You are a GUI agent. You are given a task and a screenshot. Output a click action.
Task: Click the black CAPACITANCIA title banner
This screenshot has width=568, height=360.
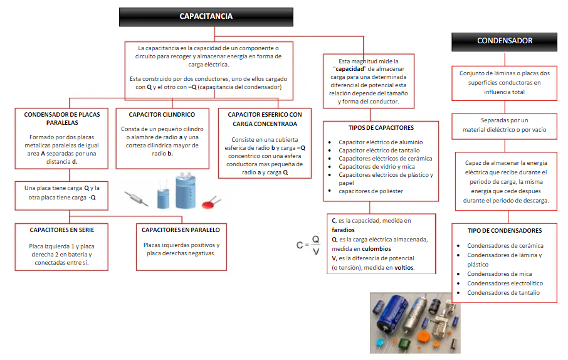point(206,16)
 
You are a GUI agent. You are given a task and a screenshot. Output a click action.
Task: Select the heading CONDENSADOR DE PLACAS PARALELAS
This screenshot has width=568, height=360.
point(61,119)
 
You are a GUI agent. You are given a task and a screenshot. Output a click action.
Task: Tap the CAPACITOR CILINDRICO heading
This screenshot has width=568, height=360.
point(162,115)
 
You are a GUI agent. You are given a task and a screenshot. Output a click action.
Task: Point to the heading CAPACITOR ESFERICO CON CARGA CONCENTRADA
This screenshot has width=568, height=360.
point(265,119)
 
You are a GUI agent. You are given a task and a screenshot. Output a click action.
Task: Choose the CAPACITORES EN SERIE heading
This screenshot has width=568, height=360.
point(61,230)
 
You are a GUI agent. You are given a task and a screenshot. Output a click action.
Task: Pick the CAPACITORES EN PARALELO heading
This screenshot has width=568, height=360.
point(181,230)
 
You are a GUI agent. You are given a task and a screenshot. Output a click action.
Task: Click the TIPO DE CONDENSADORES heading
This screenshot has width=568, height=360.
point(504,230)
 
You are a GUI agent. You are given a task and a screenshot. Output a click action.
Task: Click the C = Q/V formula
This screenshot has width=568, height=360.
point(308,245)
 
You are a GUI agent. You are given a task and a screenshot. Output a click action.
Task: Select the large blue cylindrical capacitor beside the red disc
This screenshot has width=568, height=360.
point(186,191)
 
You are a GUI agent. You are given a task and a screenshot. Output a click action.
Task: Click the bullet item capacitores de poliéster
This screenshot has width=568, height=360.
point(371,191)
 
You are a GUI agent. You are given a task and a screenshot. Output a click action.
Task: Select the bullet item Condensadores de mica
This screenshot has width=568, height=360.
point(499,274)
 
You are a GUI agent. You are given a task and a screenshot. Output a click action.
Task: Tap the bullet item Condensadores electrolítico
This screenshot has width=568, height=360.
point(505,283)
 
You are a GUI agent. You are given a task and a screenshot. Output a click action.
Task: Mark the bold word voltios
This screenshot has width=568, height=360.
point(404,268)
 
